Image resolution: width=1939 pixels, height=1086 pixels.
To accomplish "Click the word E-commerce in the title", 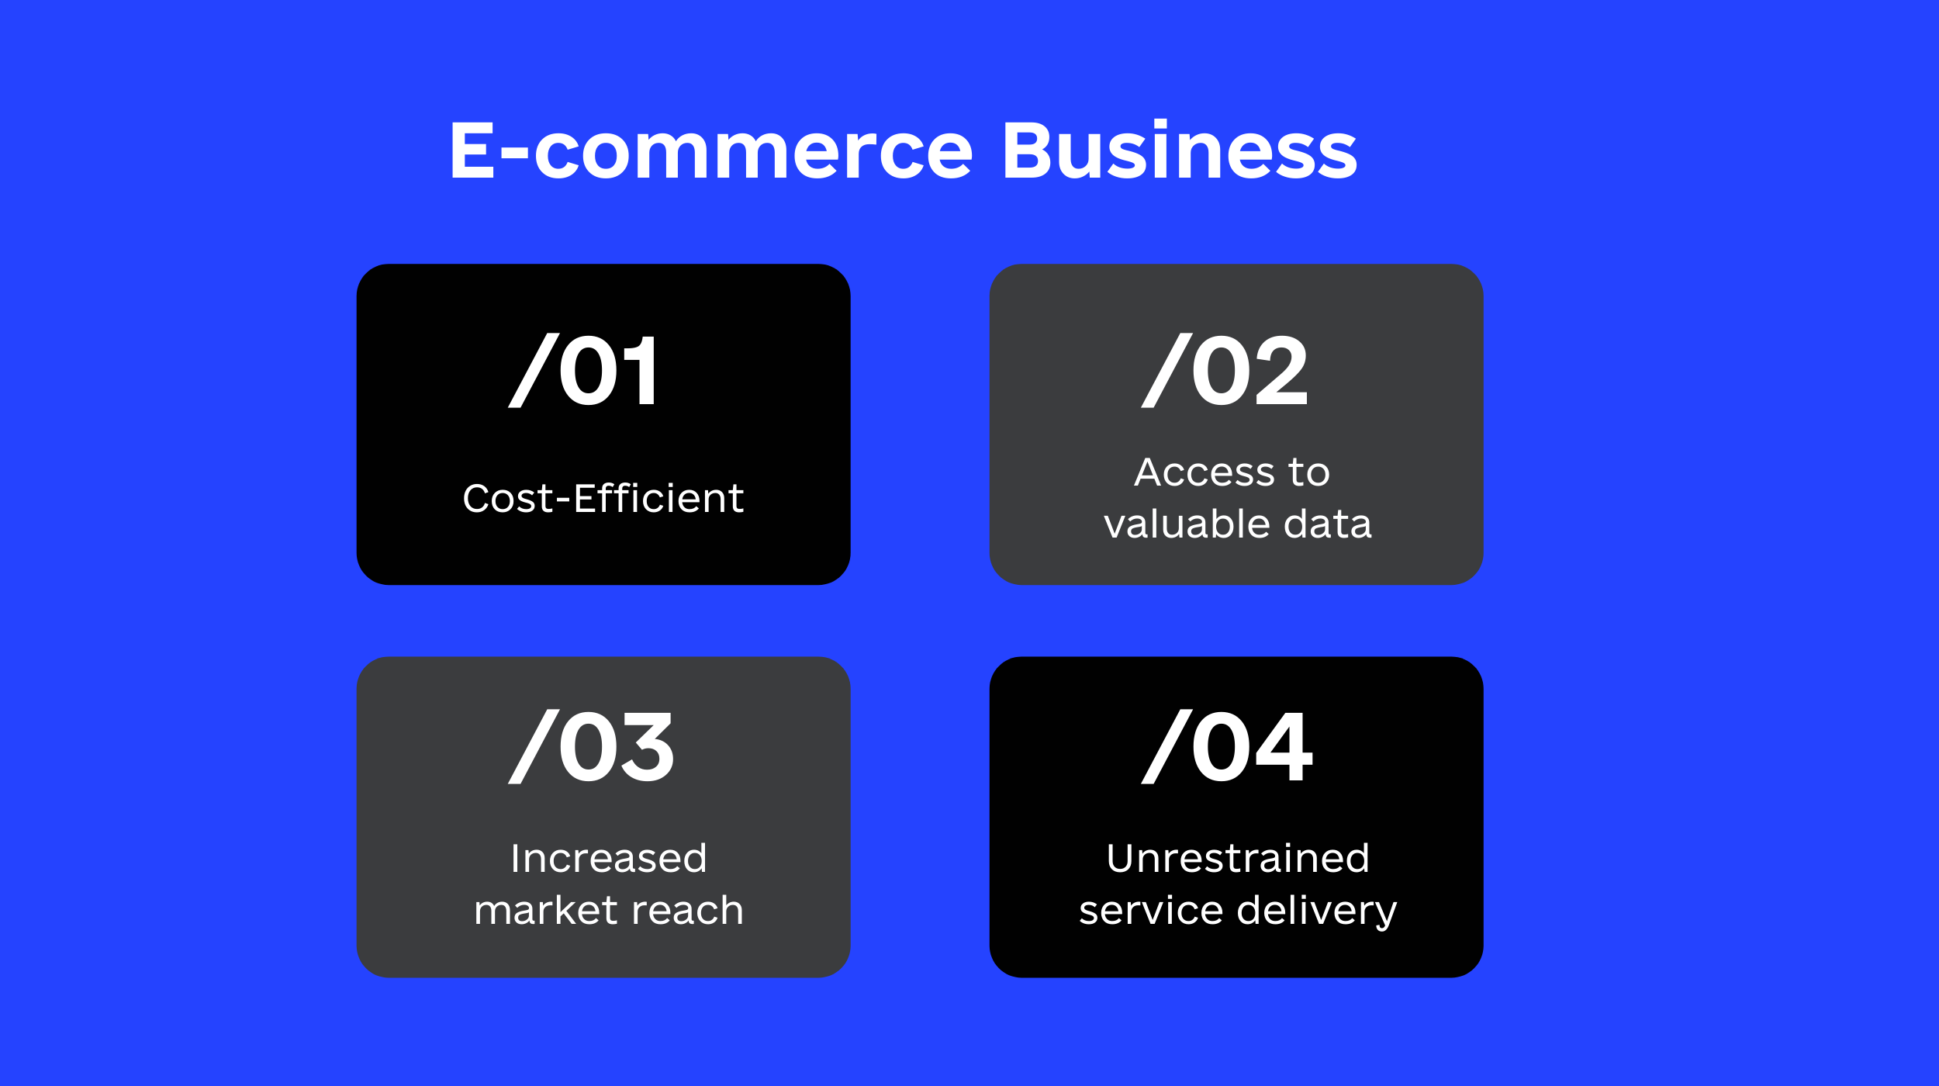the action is point(711,150).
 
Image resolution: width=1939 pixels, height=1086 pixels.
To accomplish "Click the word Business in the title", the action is point(1180,150).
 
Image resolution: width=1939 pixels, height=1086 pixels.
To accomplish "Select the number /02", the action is point(1225,371).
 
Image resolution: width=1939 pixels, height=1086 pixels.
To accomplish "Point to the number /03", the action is point(591,747).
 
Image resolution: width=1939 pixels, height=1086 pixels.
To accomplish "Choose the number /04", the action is point(1226,747).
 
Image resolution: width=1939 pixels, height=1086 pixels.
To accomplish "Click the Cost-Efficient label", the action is point(603,498).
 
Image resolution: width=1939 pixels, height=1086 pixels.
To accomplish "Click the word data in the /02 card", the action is point(1328,524).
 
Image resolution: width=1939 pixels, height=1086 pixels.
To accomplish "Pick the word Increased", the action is point(609,859).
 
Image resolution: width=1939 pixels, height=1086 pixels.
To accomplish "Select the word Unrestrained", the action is point(1238,859).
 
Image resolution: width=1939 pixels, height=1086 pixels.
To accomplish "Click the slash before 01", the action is point(534,371).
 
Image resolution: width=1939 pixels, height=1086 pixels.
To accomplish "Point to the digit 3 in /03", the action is point(648,747).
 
